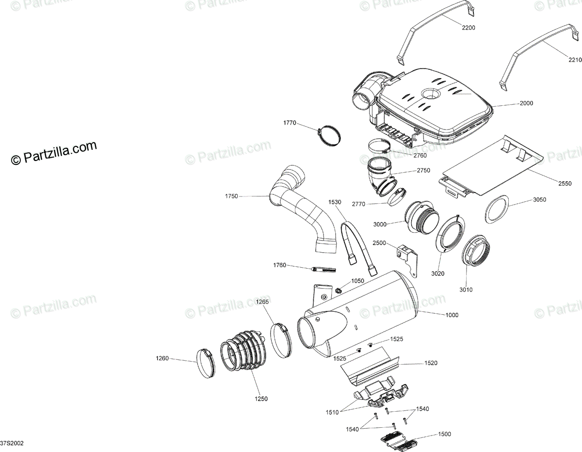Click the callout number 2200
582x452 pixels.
coord(468,28)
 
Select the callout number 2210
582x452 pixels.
coord(574,60)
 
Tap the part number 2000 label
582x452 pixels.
coord(526,103)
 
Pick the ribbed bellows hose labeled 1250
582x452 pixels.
coord(242,352)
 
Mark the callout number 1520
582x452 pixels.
coord(431,363)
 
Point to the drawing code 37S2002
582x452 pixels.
coord(12,444)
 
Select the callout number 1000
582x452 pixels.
coord(452,315)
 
